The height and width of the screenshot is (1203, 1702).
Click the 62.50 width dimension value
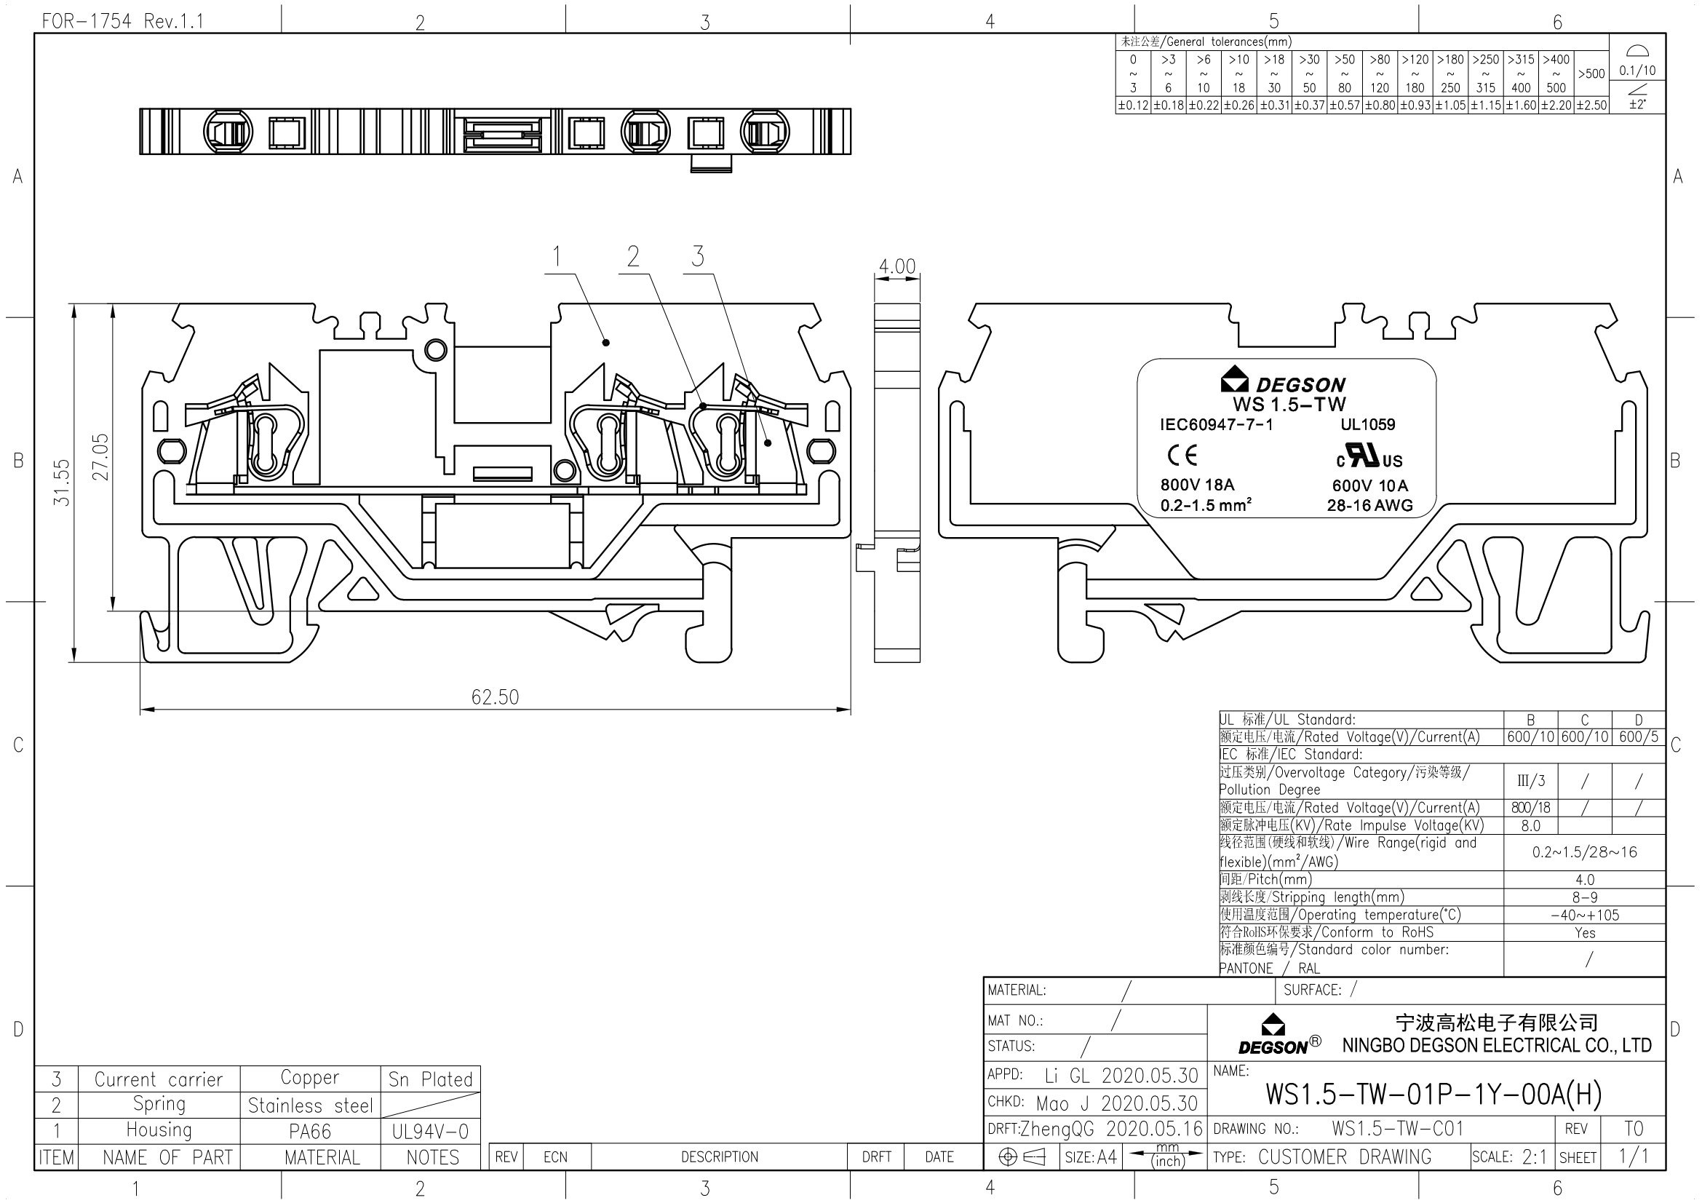click(x=496, y=696)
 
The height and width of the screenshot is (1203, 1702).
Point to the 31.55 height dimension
click(x=63, y=483)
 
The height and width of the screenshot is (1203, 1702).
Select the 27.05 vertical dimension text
click(x=101, y=456)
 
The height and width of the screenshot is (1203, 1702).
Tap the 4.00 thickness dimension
click(x=897, y=266)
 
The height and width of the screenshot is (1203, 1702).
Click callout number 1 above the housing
click(x=557, y=256)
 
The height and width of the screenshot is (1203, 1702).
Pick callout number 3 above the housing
click(x=698, y=256)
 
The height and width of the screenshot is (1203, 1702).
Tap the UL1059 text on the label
click(x=1368, y=425)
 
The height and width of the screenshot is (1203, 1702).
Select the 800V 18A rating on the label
click(x=1197, y=485)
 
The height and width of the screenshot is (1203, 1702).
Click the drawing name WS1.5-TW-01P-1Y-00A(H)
click(x=1433, y=1094)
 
